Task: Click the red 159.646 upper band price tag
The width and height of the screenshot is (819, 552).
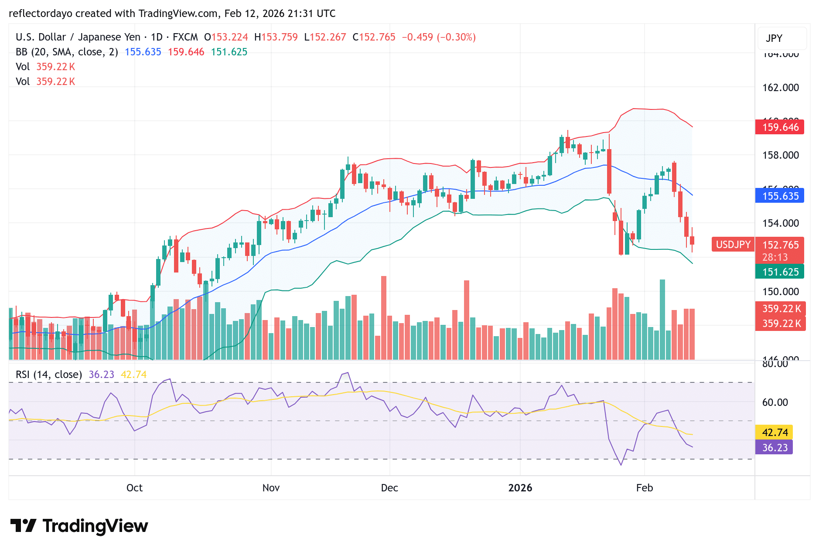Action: pos(779,127)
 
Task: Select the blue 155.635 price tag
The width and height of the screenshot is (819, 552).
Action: pos(779,196)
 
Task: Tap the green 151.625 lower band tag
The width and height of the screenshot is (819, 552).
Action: pos(779,272)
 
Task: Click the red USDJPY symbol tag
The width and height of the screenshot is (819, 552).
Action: pos(733,245)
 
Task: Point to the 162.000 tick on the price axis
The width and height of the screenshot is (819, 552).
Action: pos(780,88)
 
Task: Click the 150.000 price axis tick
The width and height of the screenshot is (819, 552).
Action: pos(780,291)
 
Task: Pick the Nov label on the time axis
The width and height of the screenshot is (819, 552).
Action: pos(271,487)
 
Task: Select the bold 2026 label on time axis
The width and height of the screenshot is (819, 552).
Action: pos(520,487)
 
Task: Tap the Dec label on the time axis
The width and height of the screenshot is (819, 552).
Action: pos(389,487)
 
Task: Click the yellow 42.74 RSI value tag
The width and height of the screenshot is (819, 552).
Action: pos(775,432)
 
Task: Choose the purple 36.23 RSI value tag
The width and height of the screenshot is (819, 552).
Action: pos(775,447)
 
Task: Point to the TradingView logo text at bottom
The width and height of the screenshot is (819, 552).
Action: pos(95,526)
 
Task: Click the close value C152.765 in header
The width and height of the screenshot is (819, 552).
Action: pos(374,37)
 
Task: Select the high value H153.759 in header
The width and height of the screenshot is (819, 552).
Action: pos(276,37)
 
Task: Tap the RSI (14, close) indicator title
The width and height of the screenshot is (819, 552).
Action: pos(48,375)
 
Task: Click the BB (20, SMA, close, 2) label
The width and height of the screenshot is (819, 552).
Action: pos(67,52)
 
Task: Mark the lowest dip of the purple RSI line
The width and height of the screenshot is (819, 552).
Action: pos(621,465)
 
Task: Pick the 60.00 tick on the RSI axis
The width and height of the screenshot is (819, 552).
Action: pos(775,402)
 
